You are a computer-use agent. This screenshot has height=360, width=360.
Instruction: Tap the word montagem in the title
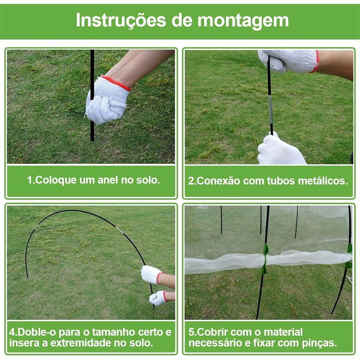point(243,21)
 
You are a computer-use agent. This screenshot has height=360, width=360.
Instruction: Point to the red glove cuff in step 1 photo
point(116,83)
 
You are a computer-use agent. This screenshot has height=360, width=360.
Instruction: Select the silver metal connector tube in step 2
point(270,110)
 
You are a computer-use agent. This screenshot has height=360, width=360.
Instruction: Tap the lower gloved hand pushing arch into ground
point(158,298)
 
